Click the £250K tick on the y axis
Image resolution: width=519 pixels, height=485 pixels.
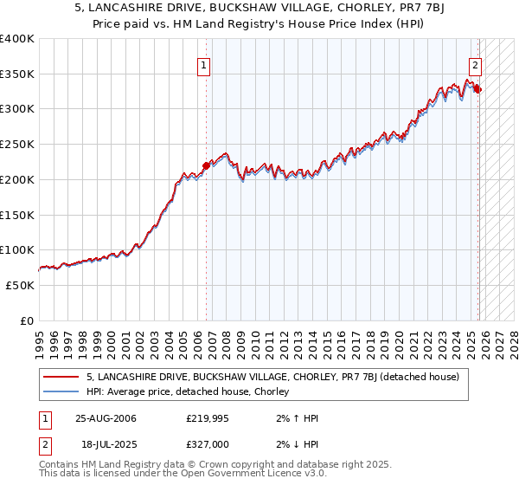(x=17, y=145)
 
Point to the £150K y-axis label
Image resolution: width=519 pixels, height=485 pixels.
(x=17, y=215)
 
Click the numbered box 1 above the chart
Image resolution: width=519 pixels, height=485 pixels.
(x=203, y=64)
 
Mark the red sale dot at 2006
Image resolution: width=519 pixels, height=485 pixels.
(x=206, y=165)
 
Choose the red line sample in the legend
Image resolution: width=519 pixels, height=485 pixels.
(x=61, y=377)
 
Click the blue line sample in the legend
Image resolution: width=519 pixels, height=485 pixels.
(x=61, y=391)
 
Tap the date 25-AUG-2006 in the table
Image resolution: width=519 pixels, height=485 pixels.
(x=106, y=418)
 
